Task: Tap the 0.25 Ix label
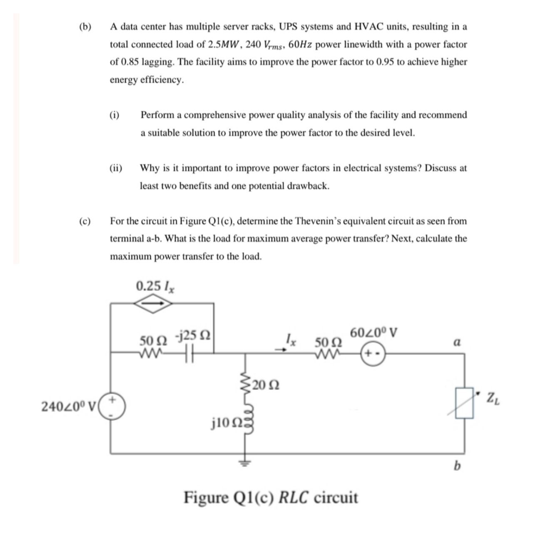click(x=155, y=286)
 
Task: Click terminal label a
click(x=457, y=343)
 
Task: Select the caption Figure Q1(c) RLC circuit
click(x=271, y=498)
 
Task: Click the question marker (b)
click(x=85, y=27)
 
